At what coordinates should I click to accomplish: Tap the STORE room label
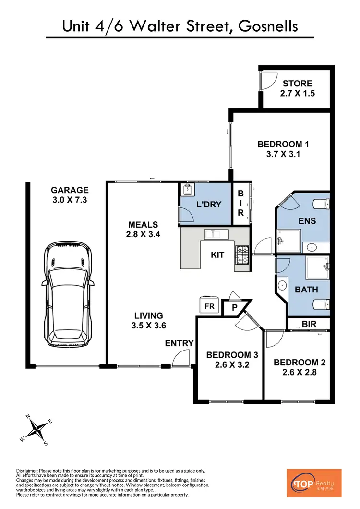point(297,84)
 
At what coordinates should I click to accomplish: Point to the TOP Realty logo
point(313,483)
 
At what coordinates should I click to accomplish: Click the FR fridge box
point(210,305)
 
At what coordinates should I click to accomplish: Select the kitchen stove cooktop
point(241,255)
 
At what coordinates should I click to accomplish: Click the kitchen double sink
point(216,234)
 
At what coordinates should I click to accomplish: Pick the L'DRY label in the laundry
point(209,205)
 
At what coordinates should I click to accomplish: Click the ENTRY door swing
point(182,359)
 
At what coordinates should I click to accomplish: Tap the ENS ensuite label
point(298,221)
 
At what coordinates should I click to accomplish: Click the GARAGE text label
point(70,190)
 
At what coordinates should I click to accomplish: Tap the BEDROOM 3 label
point(232,355)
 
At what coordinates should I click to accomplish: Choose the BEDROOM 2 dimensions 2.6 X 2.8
point(299,373)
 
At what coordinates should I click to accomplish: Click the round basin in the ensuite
point(313,248)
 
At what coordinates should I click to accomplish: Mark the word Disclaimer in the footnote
point(30,470)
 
